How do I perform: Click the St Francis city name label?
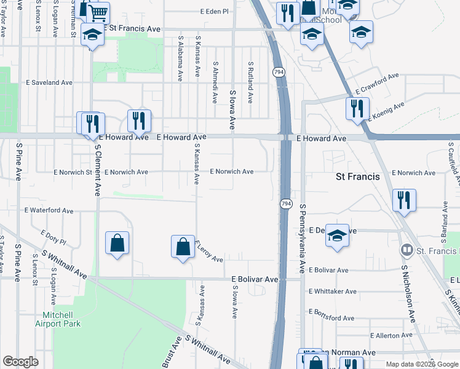click(x=357, y=177)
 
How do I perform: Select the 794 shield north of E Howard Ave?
click(x=279, y=72)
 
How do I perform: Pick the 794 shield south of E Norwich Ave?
click(x=286, y=203)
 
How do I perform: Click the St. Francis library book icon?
click(x=406, y=250)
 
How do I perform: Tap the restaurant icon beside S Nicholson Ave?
click(x=405, y=200)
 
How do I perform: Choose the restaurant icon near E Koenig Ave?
click(x=357, y=108)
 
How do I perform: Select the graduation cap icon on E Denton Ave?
click(x=337, y=236)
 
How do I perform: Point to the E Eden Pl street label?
click(x=214, y=12)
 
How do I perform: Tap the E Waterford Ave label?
click(x=49, y=210)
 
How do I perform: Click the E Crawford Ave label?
click(x=373, y=82)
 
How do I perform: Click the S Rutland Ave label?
click(x=251, y=82)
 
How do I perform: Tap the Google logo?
click(x=20, y=362)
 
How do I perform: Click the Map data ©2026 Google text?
click(x=421, y=364)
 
